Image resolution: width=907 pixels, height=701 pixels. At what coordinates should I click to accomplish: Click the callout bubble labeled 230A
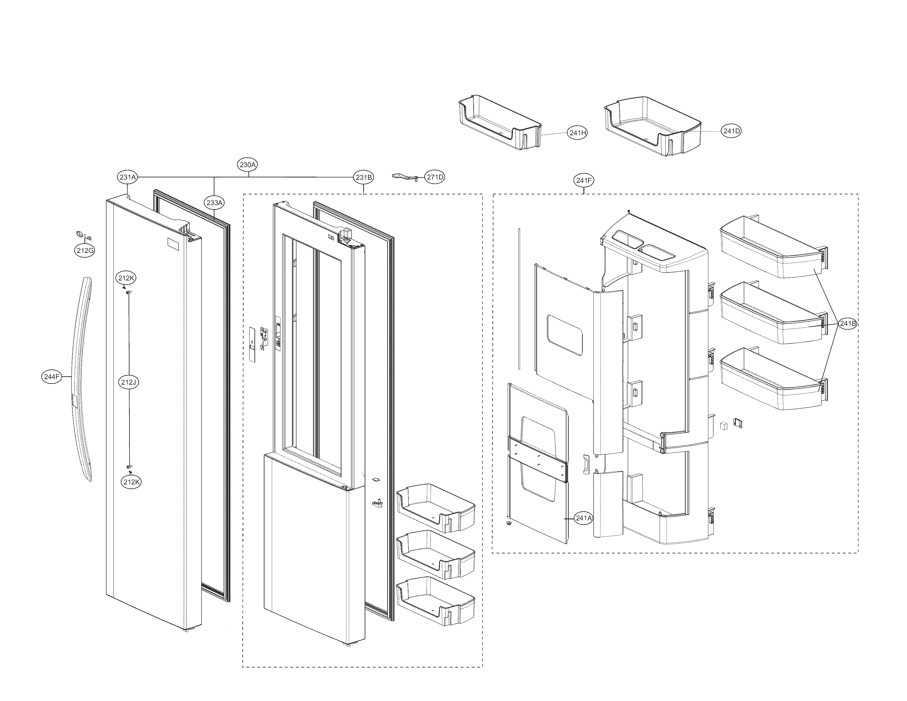click(248, 164)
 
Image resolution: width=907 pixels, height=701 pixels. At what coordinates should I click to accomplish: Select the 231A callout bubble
click(128, 177)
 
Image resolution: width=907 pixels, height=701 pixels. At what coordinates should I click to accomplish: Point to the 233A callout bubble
click(214, 203)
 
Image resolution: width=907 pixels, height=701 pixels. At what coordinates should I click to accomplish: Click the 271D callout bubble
click(435, 177)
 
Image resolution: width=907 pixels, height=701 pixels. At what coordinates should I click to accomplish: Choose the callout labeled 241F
click(584, 180)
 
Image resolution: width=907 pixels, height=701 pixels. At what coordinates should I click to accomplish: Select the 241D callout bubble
click(731, 131)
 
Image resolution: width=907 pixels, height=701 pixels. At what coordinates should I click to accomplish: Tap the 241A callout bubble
click(584, 518)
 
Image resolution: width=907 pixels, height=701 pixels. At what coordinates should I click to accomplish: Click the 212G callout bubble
click(85, 250)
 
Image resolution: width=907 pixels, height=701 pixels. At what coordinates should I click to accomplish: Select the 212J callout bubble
click(128, 382)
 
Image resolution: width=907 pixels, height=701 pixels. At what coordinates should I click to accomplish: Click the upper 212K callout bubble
click(126, 278)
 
